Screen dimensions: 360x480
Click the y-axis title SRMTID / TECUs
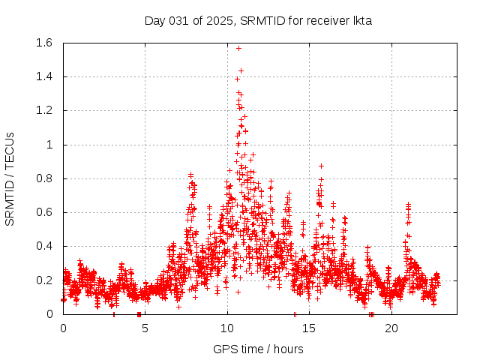click(x=10, y=178)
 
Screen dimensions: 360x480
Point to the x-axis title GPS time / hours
click(x=258, y=349)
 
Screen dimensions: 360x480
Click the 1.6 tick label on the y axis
click(x=43, y=43)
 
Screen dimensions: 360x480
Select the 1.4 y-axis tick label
click(x=43, y=76)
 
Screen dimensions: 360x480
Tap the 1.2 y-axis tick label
click(x=43, y=110)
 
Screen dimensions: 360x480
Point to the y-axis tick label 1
click(x=49, y=145)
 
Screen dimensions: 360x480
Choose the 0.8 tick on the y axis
click(x=43, y=178)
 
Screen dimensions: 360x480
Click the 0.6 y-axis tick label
click(x=43, y=212)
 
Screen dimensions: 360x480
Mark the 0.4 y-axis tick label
click(x=43, y=246)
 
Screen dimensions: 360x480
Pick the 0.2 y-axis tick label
click(x=43, y=280)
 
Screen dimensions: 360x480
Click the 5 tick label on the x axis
click(x=145, y=328)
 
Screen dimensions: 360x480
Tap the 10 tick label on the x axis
click(x=227, y=328)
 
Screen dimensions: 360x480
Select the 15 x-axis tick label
click(x=309, y=328)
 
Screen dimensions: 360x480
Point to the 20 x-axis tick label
click(x=391, y=328)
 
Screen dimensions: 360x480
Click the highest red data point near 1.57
click(x=238, y=48)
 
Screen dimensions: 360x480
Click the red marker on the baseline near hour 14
click(x=295, y=314)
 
